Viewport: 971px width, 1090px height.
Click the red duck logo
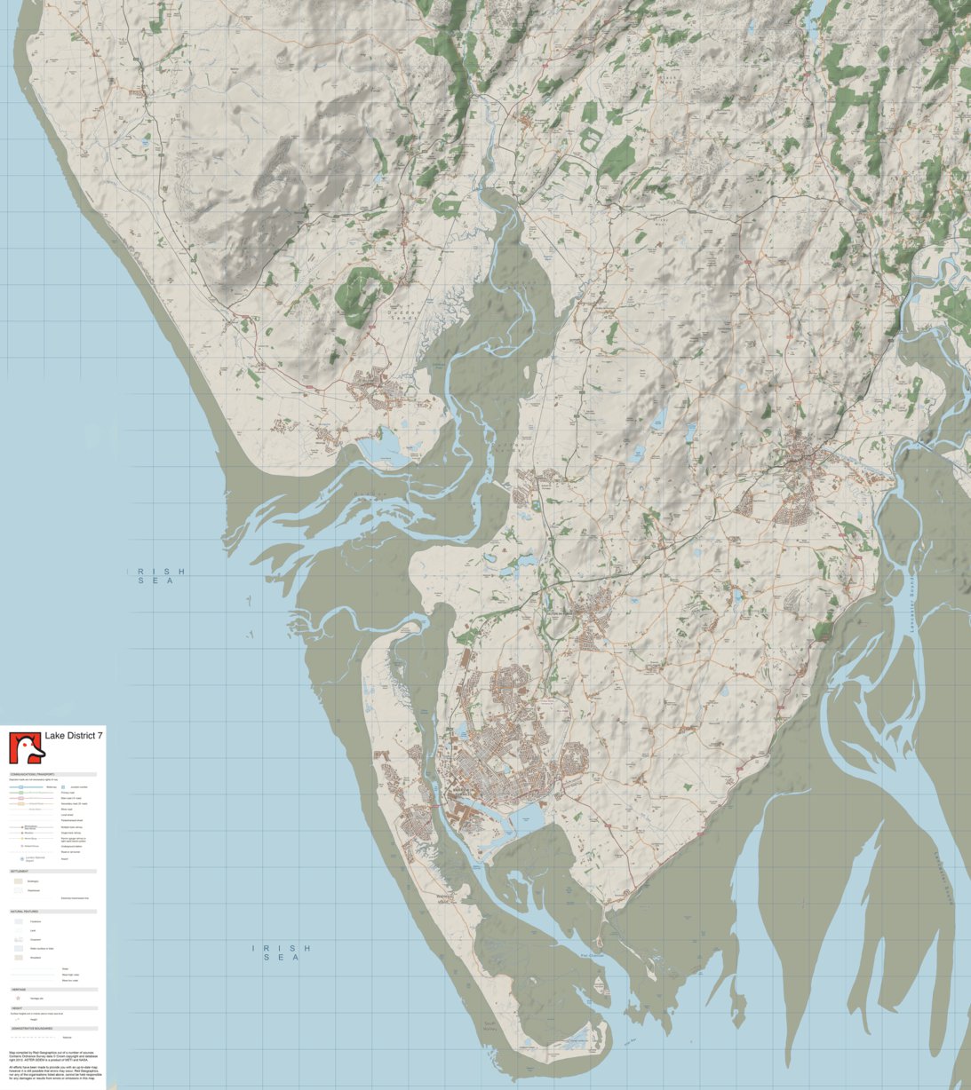pos(26,747)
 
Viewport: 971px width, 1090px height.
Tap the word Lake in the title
pos(54,736)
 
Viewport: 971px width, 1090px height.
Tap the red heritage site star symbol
pos(18,998)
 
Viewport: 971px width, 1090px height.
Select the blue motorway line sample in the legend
pos(27,787)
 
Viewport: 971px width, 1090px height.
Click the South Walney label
pos(489,1026)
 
